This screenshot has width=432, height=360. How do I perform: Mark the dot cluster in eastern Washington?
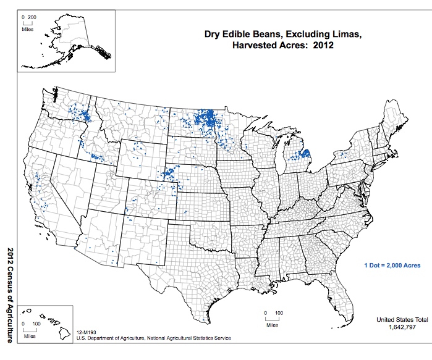tap(80, 114)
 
